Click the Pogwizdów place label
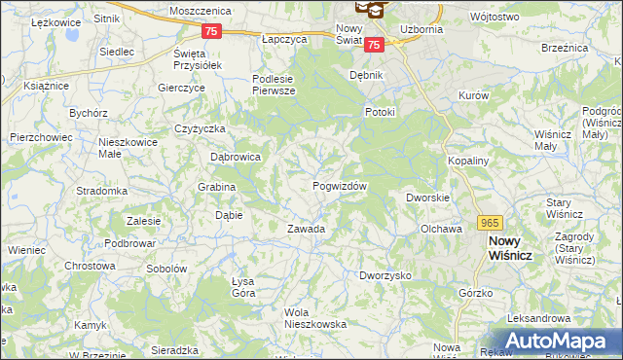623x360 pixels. coord(339,186)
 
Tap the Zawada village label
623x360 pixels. coord(305,230)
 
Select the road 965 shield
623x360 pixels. coord(490,223)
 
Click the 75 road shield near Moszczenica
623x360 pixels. coord(213,31)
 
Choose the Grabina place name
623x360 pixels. coord(217,187)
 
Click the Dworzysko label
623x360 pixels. coord(385,276)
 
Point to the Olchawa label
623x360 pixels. coord(440,230)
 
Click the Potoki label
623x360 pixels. coord(380,112)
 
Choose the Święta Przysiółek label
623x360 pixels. coord(198,58)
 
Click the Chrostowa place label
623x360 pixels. coord(90,266)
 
